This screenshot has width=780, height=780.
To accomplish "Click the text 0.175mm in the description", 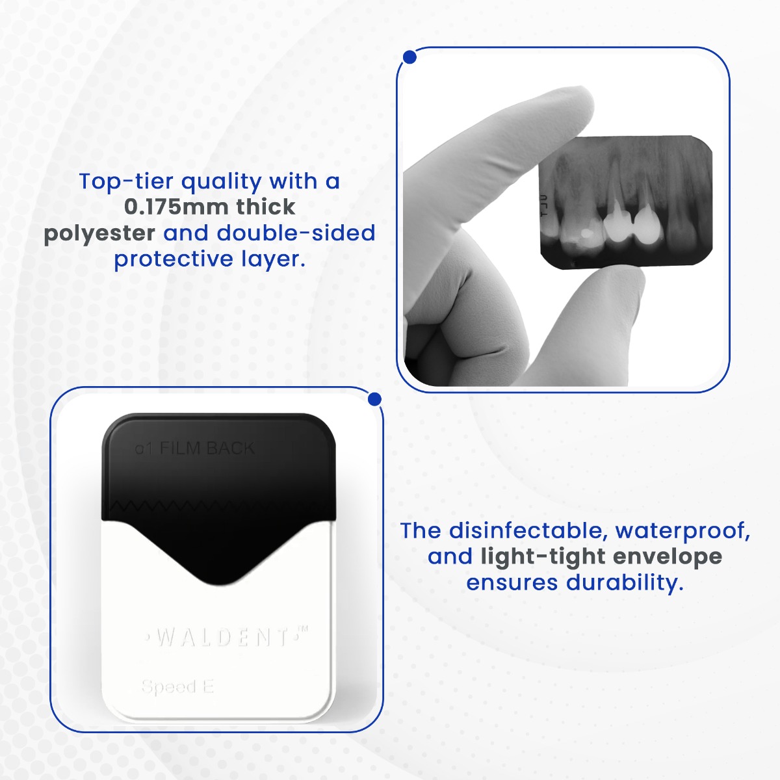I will coord(175,207).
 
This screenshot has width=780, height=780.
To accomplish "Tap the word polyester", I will coord(99,233).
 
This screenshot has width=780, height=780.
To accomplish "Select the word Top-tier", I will coord(124,181).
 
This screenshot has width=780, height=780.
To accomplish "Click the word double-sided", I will coord(296,233).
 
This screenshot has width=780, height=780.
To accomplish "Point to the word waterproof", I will coord(682,530).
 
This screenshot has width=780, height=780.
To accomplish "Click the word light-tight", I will coord(543,556).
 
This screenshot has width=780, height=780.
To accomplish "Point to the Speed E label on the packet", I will coord(177,686).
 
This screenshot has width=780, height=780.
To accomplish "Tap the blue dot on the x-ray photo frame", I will coord(409,58).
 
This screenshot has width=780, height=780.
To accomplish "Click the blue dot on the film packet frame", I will coord(374,398).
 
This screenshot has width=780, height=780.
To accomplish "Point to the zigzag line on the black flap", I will coord(218,505).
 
